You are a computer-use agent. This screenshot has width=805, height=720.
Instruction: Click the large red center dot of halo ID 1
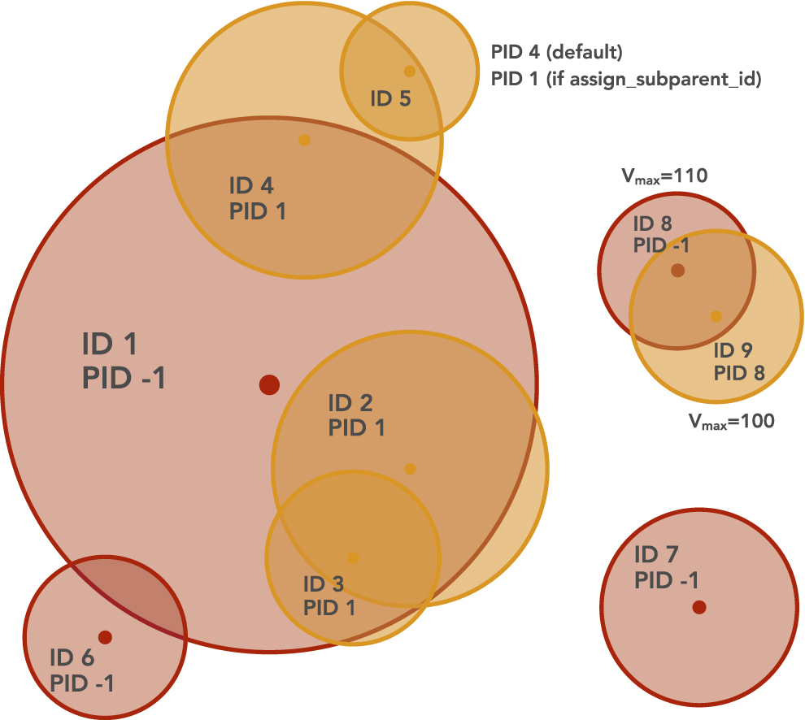coord(269,384)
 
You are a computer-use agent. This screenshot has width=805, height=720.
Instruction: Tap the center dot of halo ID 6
coord(105,637)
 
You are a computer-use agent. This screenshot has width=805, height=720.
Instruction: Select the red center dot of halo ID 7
coord(699,607)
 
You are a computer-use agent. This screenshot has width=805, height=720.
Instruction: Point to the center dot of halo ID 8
coord(677,270)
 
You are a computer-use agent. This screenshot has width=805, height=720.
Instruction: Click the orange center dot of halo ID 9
coord(716,316)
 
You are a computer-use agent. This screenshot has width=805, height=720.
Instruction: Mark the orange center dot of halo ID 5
coord(409,71)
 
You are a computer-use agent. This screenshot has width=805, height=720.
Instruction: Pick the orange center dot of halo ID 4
coord(304,140)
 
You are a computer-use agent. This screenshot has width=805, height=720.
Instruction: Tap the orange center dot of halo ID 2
coord(410,469)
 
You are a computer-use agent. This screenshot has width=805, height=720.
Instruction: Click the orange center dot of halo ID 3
coord(353,557)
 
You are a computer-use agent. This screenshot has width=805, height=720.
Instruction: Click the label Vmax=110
coord(664,176)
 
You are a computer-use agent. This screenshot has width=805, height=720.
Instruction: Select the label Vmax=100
coord(731,421)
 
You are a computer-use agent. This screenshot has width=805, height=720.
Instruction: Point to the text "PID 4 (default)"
coord(556,52)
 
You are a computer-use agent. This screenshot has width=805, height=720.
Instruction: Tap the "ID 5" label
coord(390,98)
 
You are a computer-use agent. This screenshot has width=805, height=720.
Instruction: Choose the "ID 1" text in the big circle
coord(109,344)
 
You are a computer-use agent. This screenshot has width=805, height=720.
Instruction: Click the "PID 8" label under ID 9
coord(739,373)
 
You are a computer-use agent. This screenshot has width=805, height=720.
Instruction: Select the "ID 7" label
coord(656,554)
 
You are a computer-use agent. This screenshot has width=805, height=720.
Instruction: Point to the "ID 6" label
coord(72,657)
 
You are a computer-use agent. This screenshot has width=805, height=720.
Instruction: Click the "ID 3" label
coord(324,583)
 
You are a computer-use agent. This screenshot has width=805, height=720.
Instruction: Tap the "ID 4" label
coord(251,185)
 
